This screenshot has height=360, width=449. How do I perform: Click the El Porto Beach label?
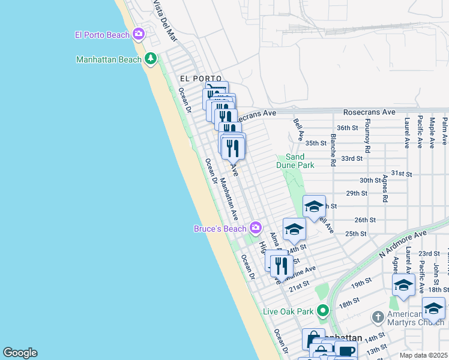tap(102, 35)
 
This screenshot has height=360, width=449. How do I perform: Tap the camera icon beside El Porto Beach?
tap(139, 34)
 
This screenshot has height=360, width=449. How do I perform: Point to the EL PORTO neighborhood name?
tap(201, 79)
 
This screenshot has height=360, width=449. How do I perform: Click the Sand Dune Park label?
tap(295, 160)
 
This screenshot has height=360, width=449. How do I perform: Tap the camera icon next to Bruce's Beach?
tap(256, 227)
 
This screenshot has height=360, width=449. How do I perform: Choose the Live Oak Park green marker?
tap(324, 311)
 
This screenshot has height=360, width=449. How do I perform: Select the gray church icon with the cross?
tap(378, 316)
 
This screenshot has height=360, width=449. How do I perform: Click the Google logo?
tap(20, 352)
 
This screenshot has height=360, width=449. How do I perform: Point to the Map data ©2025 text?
tap(423, 355)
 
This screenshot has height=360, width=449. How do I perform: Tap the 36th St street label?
tap(347, 128)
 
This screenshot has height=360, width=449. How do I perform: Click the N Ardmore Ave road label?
tap(402, 244)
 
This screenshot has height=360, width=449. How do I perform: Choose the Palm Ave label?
tap(445, 131)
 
